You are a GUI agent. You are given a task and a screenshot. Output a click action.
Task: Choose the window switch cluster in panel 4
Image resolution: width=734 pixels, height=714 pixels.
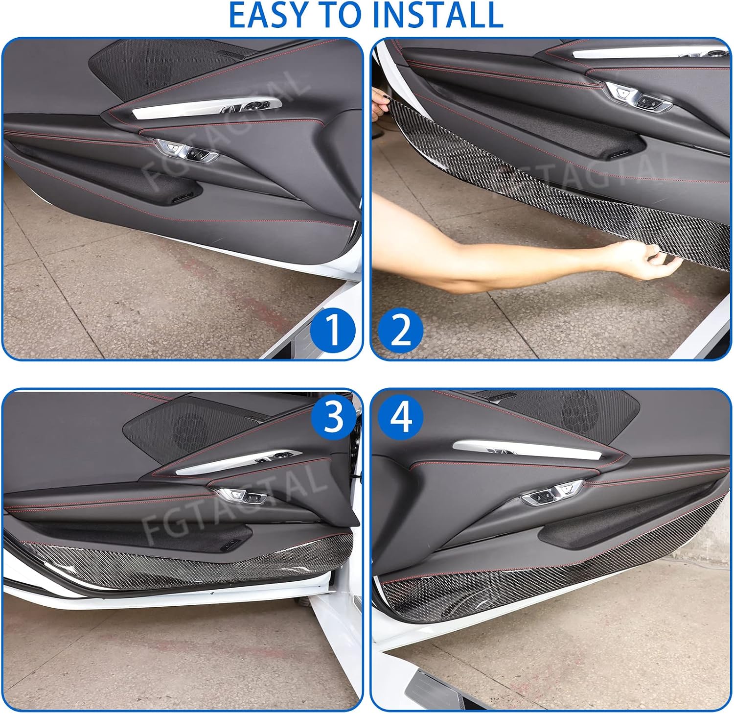(551, 493)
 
